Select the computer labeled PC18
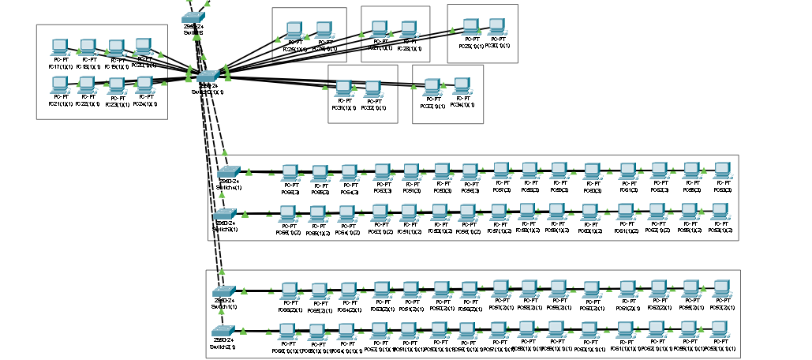point(87,47)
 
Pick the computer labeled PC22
point(87,84)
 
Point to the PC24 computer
point(144,84)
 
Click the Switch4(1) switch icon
point(228,171)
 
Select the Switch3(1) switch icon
point(224,213)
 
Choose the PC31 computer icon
point(344,88)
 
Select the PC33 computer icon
point(432,86)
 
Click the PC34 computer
point(462,85)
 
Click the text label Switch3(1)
point(225,229)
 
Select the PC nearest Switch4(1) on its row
point(290,172)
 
